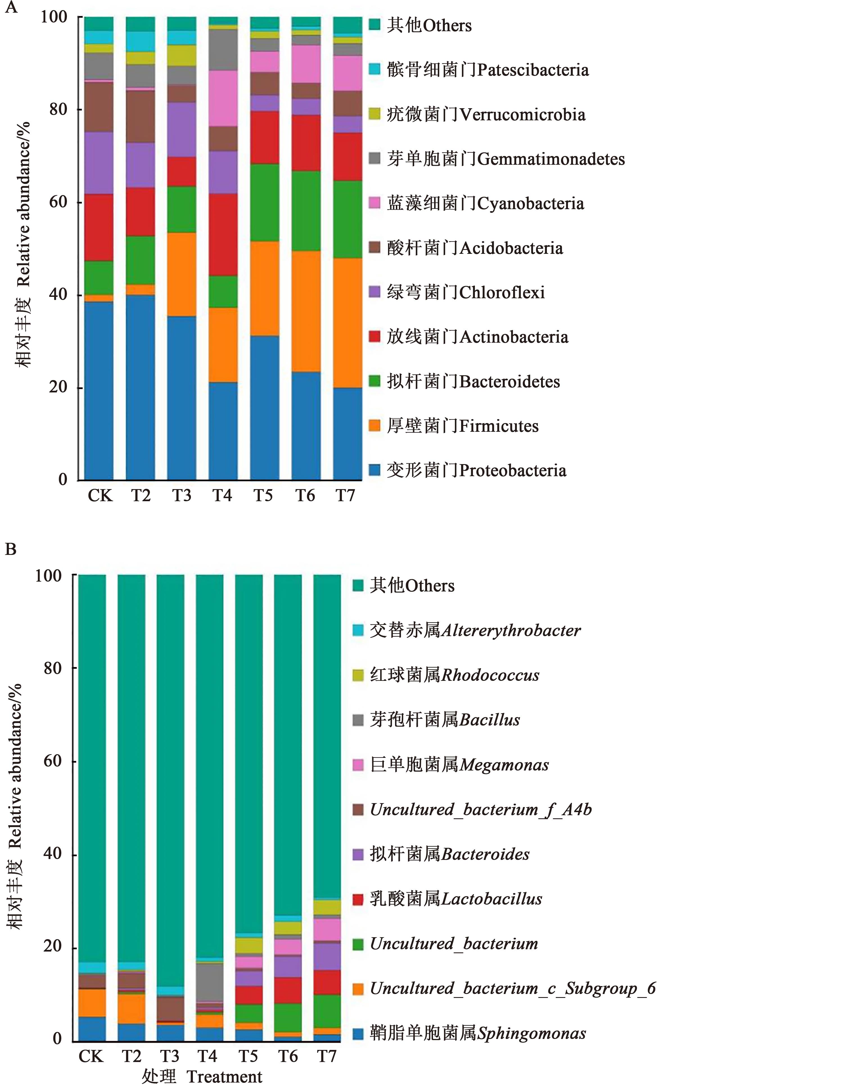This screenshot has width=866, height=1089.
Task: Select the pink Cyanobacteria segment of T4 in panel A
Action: point(223,98)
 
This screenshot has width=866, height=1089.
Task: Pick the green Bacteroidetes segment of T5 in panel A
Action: point(264,202)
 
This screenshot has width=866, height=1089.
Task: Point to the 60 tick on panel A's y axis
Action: point(58,202)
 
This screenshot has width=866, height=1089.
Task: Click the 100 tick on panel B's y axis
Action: point(48,575)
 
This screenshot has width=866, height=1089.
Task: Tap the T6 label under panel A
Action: point(305,496)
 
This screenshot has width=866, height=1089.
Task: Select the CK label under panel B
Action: point(91,1056)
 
